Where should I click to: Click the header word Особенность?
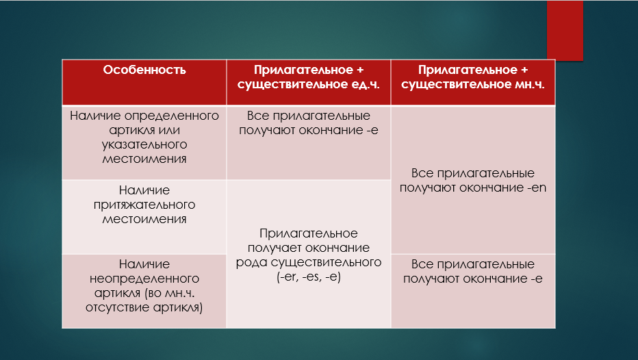click(144, 70)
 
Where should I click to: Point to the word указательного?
click(144, 145)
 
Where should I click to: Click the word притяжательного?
click(144, 205)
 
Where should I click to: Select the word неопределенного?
click(144, 279)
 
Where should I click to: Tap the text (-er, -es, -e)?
click(309, 277)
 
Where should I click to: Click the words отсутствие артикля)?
click(144, 308)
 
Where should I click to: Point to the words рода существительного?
click(309, 262)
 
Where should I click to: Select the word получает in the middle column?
click(270, 248)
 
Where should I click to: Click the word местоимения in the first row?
click(144, 159)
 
